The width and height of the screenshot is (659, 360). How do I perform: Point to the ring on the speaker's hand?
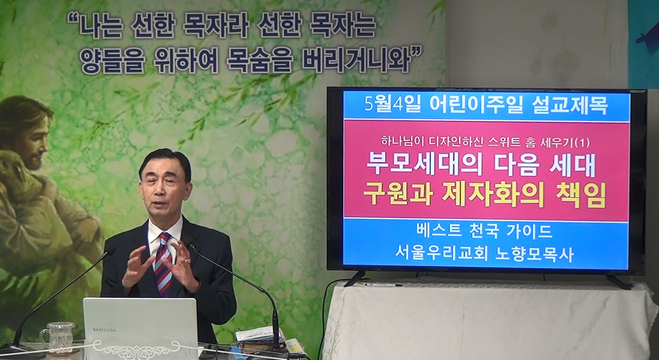click(x=188, y=260)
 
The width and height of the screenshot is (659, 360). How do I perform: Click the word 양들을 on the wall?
click(x=111, y=60)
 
